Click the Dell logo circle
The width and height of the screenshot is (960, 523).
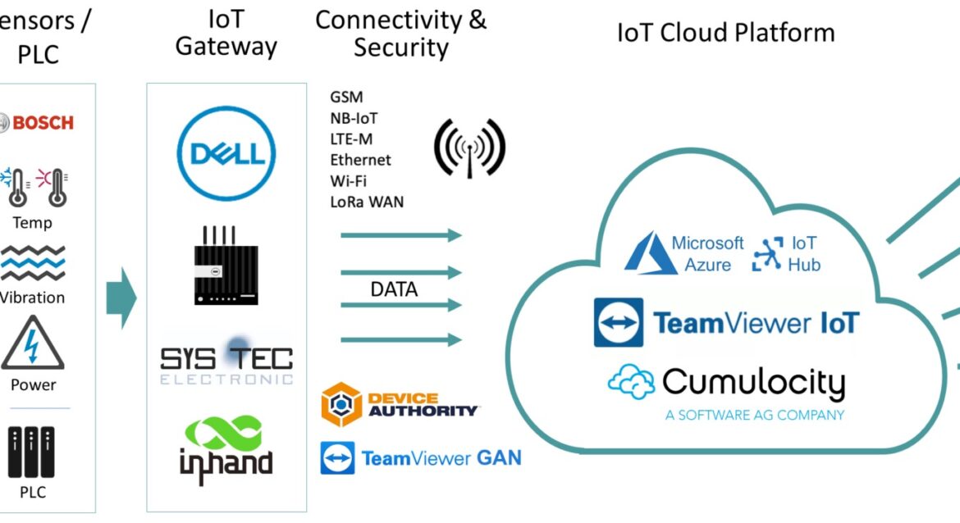pyautogui.click(x=226, y=154)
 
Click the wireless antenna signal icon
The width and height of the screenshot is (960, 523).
pyautogui.click(x=469, y=148)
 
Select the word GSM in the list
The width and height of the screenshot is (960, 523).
pyautogui.click(x=346, y=98)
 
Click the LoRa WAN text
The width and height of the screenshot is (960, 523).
pyautogui.click(x=367, y=202)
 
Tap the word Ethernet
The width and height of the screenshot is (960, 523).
pyautogui.click(x=360, y=160)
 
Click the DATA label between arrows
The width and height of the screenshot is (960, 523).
pyautogui.click(x=394, y=289)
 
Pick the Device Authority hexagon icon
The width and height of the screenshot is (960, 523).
pyautogui.click(x=341, y=404)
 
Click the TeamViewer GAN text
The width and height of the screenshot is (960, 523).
pyautogui.click(x=441, y=458)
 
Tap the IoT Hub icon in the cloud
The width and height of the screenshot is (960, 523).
pyautogui.click(x=769, y=254)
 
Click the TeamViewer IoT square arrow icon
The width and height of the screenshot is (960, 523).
pyautogui.click(x=619, y=322)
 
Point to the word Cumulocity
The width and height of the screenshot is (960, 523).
pyautogui.click(x=752, y=383)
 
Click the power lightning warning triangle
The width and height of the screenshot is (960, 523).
pyautogui.click(x=33, y=344)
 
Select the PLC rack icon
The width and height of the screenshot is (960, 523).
pyautogui.click(x=33, y=452)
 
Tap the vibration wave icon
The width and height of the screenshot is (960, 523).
pyautogui.click(x=33, y=264)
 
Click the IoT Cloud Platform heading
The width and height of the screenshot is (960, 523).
pyautogui.click(x=725, y=33)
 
